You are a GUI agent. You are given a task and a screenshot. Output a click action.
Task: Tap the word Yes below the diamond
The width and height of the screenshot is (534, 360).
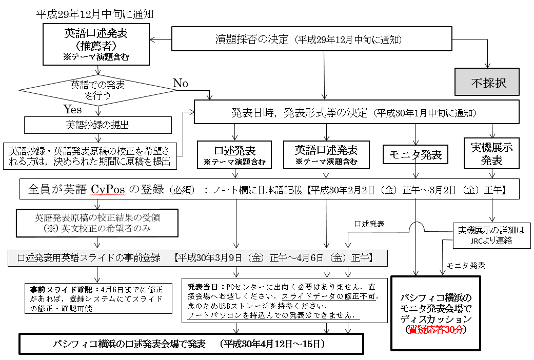coord(72,109)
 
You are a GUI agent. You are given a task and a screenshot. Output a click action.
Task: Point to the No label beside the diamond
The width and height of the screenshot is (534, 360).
coord(181,83)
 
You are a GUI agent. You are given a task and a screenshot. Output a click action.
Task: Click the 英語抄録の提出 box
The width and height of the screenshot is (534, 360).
coord(98,125)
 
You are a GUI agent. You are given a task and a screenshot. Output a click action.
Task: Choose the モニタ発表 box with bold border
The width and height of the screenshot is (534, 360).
coord(416,154)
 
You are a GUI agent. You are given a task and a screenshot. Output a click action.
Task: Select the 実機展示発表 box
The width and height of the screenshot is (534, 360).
coord(491,153)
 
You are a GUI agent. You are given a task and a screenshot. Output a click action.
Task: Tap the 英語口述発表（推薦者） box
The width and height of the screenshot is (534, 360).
coord(96,44)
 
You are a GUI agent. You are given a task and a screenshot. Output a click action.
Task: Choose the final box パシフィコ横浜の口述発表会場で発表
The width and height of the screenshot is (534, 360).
coord(191,344)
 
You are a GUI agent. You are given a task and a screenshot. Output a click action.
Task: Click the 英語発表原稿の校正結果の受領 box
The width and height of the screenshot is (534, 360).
coord(97,222)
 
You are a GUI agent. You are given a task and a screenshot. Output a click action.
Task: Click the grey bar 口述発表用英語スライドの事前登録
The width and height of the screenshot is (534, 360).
coord(197,257)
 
